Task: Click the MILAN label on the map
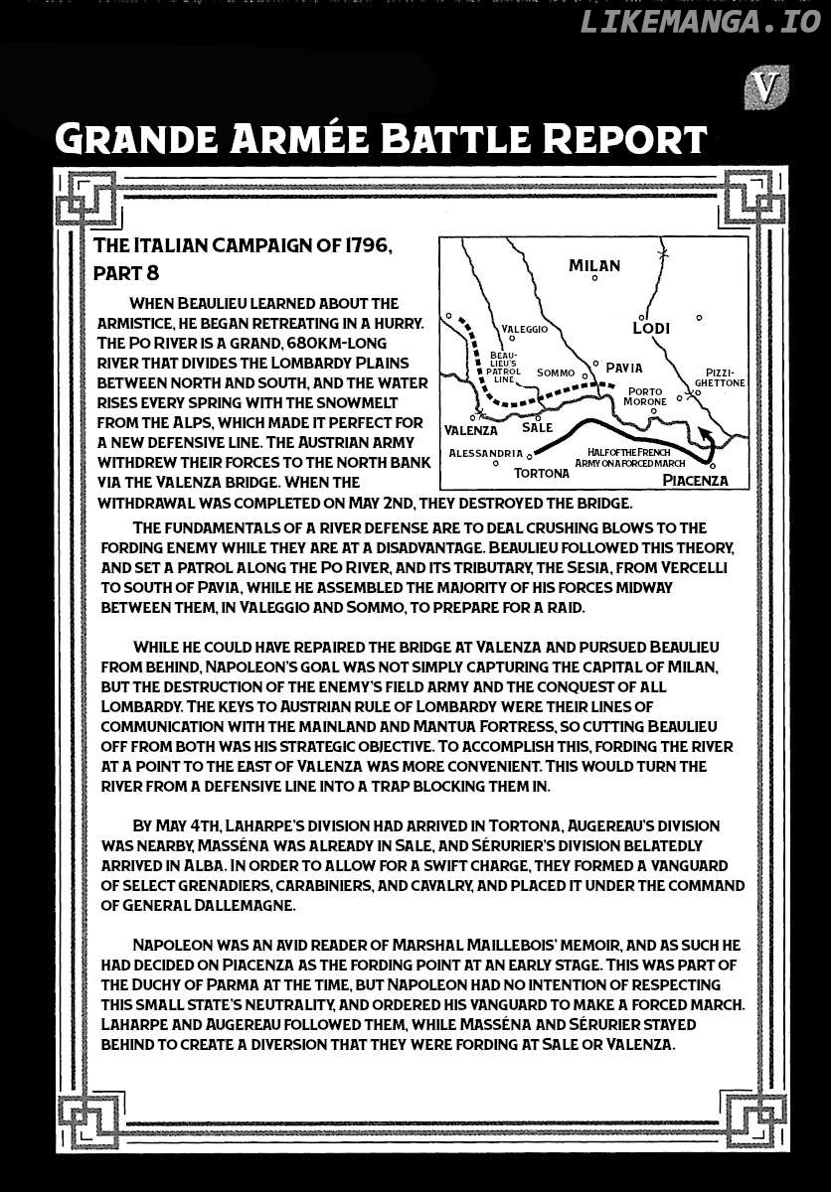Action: pos(594,265)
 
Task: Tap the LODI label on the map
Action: pos(651,328)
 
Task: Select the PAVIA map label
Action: pos(623,368)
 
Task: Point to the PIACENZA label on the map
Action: pos(695,480)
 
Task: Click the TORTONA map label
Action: pos(543,473)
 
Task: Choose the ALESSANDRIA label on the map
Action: pos(484,453)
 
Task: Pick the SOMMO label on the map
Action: pos(556,372)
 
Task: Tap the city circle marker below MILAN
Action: pos(594,279)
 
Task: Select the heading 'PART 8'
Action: pos(126,269)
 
